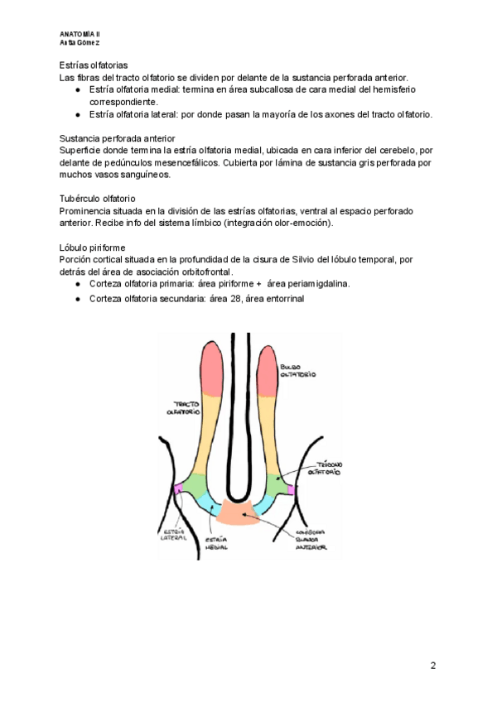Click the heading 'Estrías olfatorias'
(93, 65)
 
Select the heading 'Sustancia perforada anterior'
(117, 137)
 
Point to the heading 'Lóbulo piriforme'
(92, 248)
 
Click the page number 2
(432, 666)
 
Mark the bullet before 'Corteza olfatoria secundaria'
(77, 299)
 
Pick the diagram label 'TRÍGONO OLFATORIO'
(324, 469)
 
